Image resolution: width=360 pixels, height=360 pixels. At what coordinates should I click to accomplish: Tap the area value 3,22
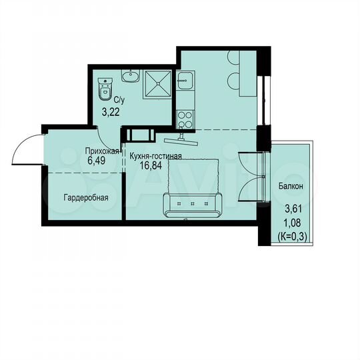pos(110,111)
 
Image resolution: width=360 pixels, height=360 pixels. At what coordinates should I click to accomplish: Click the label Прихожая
pos(101,151)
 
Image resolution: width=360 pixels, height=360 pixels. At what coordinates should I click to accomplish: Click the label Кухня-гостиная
pos(155,156)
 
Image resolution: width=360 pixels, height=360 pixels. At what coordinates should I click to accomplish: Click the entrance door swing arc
pos(21,147)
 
